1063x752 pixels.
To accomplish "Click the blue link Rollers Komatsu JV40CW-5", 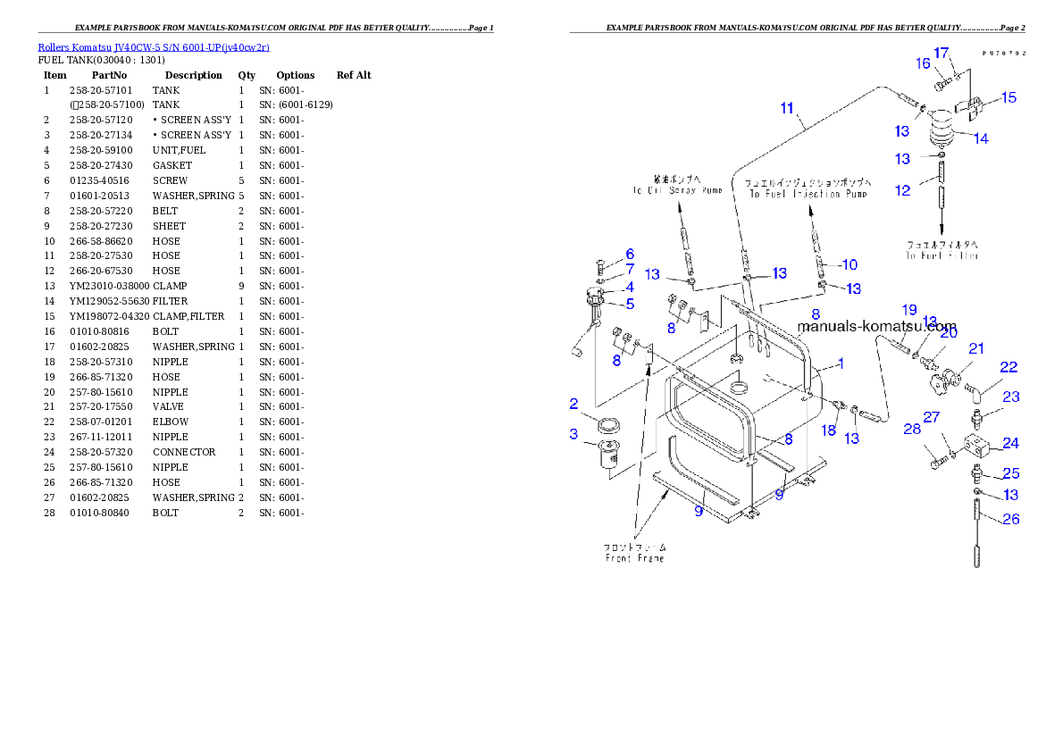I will (153, 46).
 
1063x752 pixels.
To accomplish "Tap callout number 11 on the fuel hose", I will (787, 108).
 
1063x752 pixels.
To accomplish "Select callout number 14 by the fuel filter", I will (981, 138).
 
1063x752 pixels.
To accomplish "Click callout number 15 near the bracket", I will (1008, 97).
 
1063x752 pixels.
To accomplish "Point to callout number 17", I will (941, 53).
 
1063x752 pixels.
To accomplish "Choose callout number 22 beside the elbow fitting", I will (1009, 367).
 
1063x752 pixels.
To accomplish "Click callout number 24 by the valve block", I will (1010, 442).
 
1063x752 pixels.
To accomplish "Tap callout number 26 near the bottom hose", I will (1010, 518).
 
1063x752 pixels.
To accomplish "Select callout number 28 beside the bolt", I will (911, 430).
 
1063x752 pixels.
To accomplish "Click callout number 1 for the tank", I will (840, 364).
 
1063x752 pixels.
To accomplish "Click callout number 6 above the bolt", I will (629, 255).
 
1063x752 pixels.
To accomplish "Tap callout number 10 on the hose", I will (849, 264).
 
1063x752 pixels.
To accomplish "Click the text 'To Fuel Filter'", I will (942, 250).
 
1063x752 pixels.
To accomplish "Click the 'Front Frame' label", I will (635, 552).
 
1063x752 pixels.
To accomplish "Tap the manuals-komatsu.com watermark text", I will (876, 327).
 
